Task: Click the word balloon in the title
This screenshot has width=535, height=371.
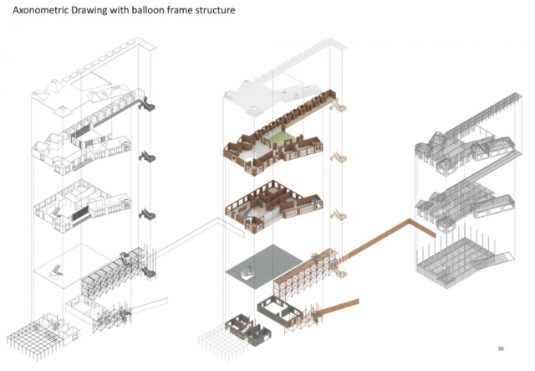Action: coord(150,10)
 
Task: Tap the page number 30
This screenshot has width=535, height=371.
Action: coord(501,348)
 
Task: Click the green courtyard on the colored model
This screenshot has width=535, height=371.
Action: coord(280,138)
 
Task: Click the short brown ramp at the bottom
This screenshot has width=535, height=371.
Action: coord(340,306)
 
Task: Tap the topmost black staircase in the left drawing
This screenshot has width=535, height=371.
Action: coord(147,105)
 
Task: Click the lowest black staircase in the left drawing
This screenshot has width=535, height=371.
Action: coord(148,271)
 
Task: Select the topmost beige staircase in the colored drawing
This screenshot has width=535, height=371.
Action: coord(338,105)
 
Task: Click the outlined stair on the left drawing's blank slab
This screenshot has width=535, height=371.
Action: coord(56,271)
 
